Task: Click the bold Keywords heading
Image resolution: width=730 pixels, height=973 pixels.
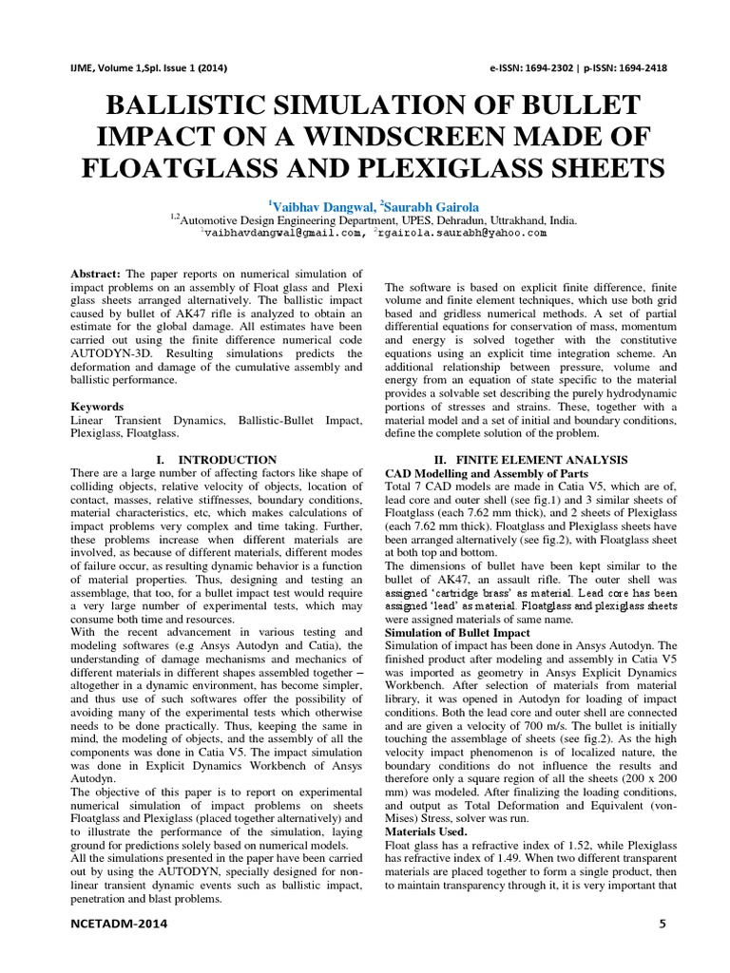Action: [x=98, y=406]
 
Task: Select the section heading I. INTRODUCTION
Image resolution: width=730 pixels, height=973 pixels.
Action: [x=214, y=459]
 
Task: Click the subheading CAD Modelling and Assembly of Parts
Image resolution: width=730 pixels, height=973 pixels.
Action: [x=485, y=472]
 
